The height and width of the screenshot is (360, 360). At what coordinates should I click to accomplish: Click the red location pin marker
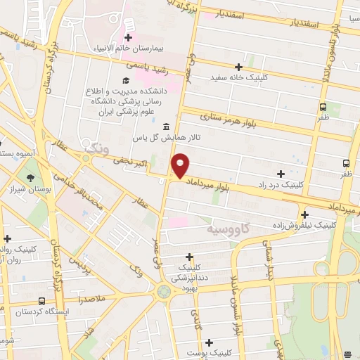click(181, 165)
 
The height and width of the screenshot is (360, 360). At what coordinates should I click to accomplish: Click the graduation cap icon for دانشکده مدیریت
click(125, 80)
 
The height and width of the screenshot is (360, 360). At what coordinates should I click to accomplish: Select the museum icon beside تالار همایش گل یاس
click(166, 127)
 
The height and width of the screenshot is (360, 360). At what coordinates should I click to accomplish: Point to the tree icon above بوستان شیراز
click(30, 178)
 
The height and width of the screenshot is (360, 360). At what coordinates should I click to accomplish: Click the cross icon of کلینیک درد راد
click(281, 173)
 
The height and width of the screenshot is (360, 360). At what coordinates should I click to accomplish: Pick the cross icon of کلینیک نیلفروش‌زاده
click(304, 214)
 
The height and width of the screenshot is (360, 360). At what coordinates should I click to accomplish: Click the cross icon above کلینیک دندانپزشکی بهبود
click(188, 257)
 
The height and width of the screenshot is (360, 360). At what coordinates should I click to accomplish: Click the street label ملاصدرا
click(91, 299)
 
